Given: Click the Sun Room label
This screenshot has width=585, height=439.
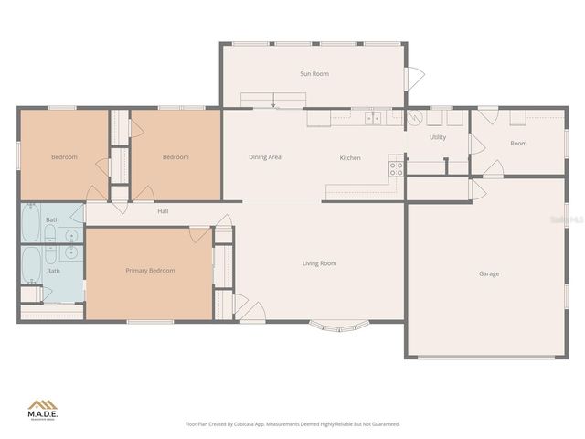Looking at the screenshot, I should point(314,74).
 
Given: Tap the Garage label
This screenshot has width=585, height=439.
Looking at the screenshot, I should point(489,273).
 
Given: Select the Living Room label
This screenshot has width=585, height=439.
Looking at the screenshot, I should point(320,263).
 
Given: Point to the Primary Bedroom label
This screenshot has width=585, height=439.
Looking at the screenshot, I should point(150,271).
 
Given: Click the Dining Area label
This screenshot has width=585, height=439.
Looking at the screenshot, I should point(265,157).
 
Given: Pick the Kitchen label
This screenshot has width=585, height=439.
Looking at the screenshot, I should point(350,158).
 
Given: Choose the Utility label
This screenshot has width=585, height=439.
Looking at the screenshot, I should point(438,137).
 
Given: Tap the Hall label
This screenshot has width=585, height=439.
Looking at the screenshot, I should point(163,212).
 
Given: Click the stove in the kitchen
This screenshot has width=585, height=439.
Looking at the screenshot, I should point(397,168).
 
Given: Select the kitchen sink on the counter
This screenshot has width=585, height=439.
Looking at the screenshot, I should point(373,118).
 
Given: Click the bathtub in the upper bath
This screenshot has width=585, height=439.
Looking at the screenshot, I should point(31,222).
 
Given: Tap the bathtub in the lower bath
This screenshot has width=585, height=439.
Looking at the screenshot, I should point(31,265).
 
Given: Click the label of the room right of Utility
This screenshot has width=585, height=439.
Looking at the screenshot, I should point(518,144).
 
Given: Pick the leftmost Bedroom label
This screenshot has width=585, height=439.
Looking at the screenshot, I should point(64,157).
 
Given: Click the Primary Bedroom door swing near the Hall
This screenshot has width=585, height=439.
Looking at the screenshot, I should point(200,234).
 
